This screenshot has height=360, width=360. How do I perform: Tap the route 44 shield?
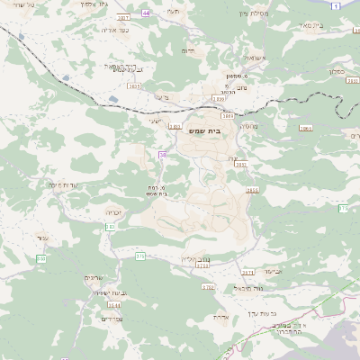point(146,14)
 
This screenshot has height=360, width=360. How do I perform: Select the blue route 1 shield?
point(335,6)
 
